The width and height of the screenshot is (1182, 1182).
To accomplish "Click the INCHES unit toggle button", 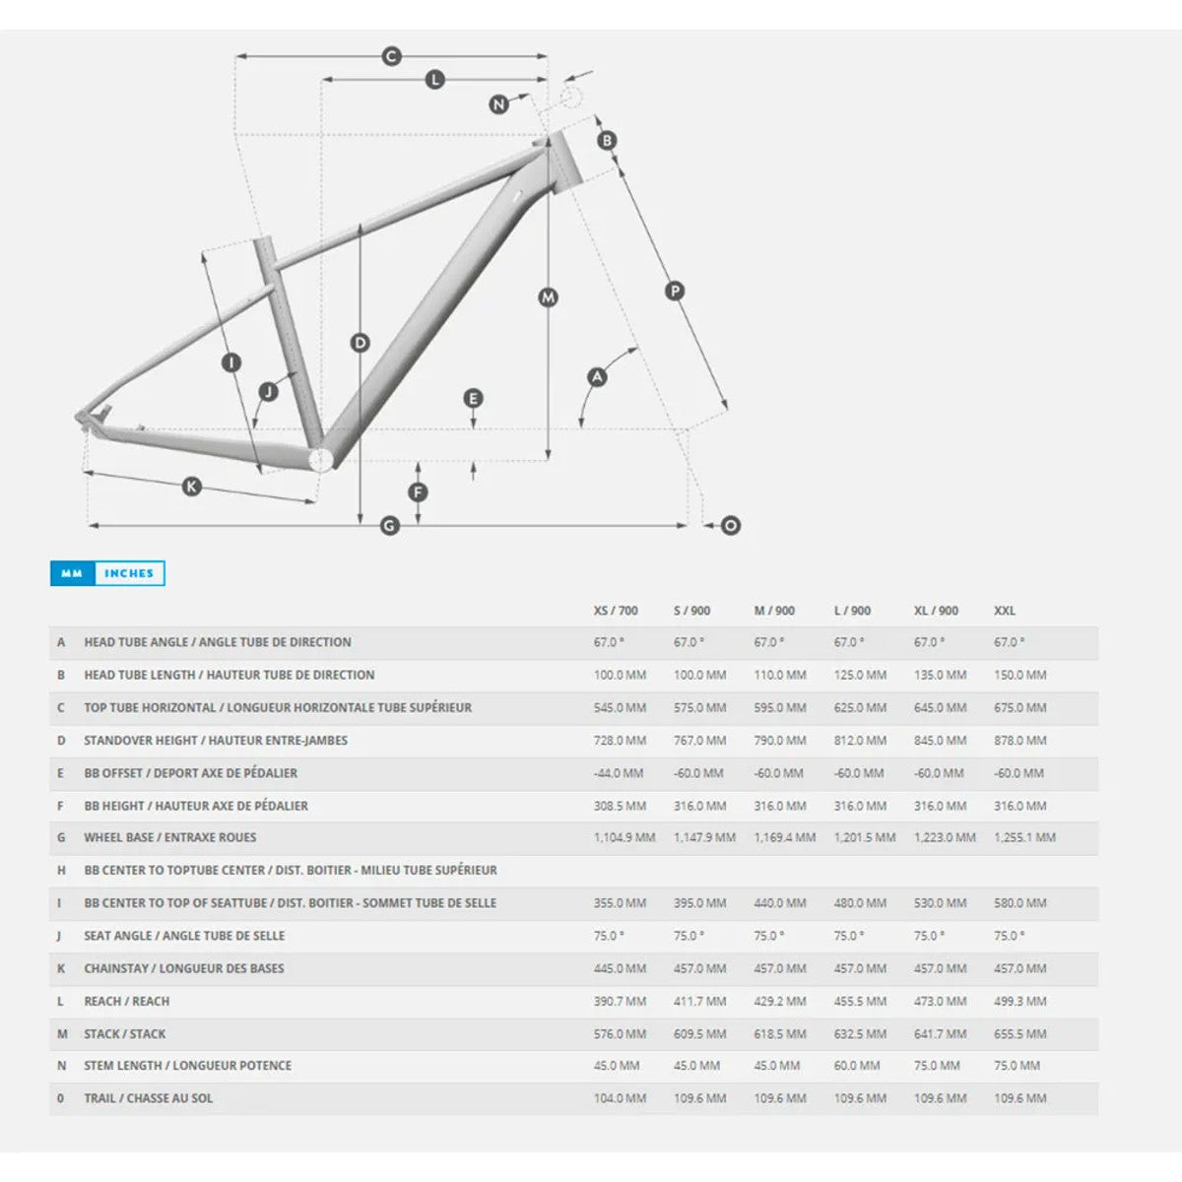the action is click(x=129, y=573).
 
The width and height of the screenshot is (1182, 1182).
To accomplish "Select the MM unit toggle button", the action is click(x=72, y=573).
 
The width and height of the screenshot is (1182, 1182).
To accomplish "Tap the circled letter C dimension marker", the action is click(x=391, y=56).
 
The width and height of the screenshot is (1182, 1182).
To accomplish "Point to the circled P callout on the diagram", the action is click(x=675, y=291).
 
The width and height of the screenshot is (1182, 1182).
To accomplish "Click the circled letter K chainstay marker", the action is click(x=192, y=487).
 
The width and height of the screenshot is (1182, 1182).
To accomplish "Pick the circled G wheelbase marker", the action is click(x=389, y=526).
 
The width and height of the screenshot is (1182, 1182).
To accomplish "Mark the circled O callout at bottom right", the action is click(x=730, y=526).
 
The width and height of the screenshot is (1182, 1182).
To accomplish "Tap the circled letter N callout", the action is click(x=498, y=104).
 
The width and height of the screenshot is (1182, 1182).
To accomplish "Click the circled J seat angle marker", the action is click(x=268, y=392).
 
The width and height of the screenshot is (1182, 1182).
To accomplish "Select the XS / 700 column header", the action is click(x=616, y=611).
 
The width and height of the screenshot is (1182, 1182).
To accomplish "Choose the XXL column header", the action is click(x=1005, y=611).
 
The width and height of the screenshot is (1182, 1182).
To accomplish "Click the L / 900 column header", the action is click(x=852, y=611).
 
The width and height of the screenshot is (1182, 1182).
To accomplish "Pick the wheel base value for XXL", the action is click(x=1024, y=837).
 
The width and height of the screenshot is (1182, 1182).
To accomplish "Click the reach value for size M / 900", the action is click(x=779, y=1001).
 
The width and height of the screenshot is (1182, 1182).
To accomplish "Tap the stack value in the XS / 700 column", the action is click(x=620, y=1033).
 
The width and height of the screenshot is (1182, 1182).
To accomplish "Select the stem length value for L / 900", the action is click(x=856, y=1066).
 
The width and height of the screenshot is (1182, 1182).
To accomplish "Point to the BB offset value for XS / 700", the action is click(x=619, y=773).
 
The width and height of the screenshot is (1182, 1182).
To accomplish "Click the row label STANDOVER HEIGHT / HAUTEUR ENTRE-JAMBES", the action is click(x=216, y=741).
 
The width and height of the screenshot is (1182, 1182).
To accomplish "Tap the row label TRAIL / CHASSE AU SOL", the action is click(x=149, y=1098).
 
